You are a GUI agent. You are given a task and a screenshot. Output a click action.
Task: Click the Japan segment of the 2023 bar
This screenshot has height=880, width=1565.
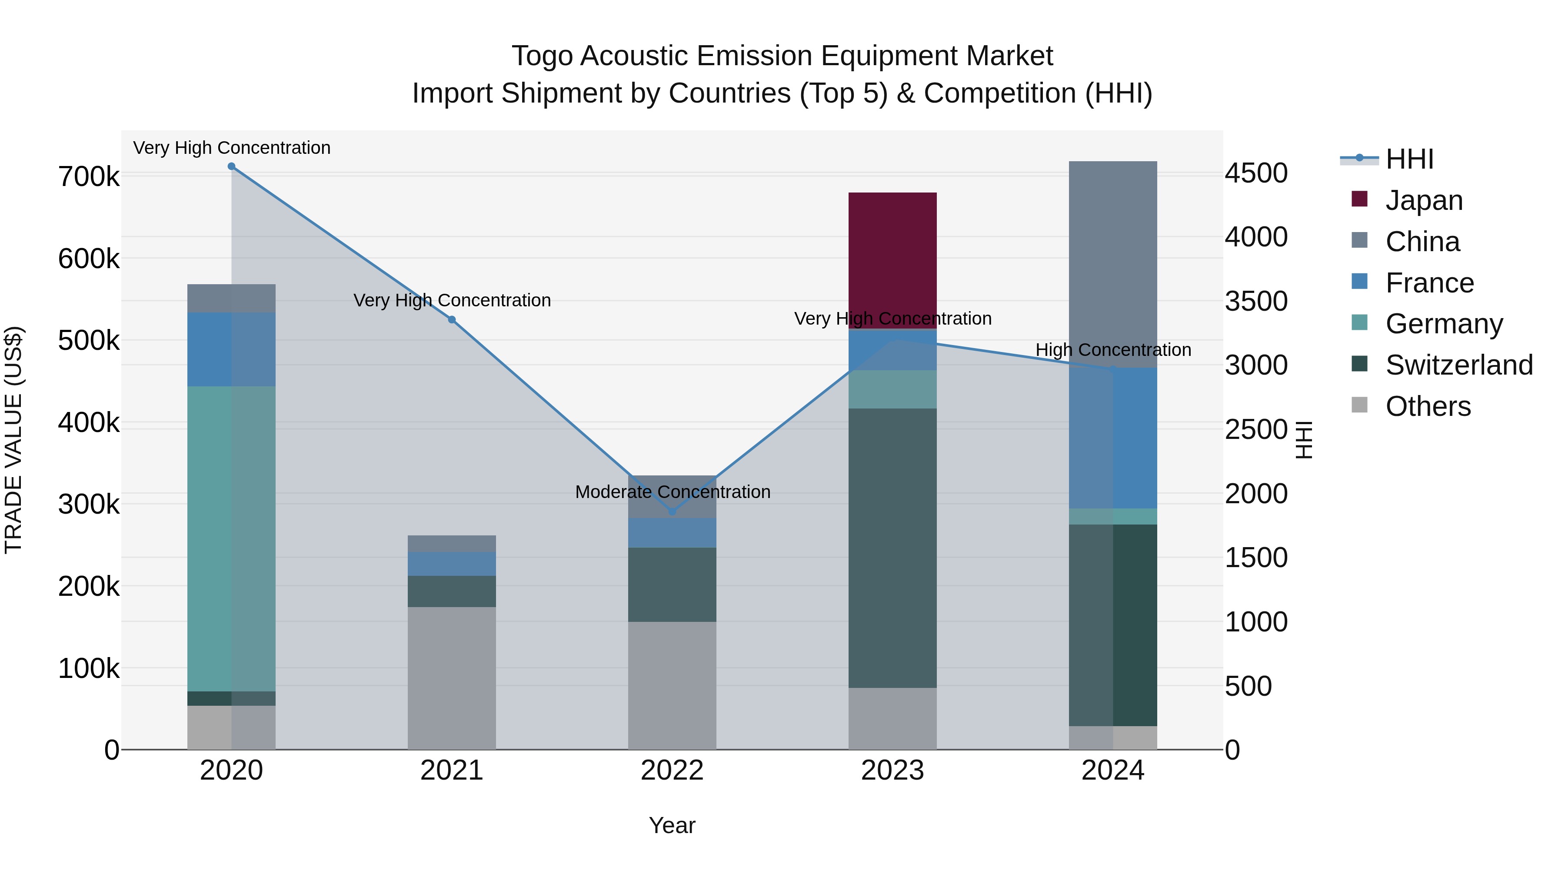pos(892,260)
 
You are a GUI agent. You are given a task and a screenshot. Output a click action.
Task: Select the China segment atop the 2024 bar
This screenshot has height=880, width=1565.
pos(1112,264)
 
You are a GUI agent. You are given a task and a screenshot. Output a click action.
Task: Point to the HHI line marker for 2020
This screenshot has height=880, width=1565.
pos(231,166)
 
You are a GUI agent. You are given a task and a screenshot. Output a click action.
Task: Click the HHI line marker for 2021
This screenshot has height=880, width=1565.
pos(451,319)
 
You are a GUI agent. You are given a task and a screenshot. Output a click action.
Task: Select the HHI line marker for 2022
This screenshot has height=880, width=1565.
pos(672,511)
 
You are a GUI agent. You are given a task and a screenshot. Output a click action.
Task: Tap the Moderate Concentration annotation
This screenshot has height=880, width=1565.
pos(672,491)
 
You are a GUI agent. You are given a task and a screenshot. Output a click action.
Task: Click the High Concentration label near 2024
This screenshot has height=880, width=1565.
pos(1112,350)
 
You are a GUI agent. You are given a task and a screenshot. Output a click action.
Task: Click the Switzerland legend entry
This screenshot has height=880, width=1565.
pos(1458,365)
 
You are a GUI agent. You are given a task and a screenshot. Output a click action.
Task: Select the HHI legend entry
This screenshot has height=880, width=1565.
pos(1409,159)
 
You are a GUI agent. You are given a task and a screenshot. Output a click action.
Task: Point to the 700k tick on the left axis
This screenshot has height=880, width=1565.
pos(89,177)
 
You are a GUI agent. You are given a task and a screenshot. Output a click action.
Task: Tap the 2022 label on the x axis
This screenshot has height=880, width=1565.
pos(672,770)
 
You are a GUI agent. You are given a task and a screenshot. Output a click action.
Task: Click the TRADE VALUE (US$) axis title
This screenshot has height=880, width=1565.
pos(13,440)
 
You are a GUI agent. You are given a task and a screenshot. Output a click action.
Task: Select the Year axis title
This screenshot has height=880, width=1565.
pos(672,825)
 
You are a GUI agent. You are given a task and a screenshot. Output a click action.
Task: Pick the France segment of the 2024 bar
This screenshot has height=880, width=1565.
pos(1112,438)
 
